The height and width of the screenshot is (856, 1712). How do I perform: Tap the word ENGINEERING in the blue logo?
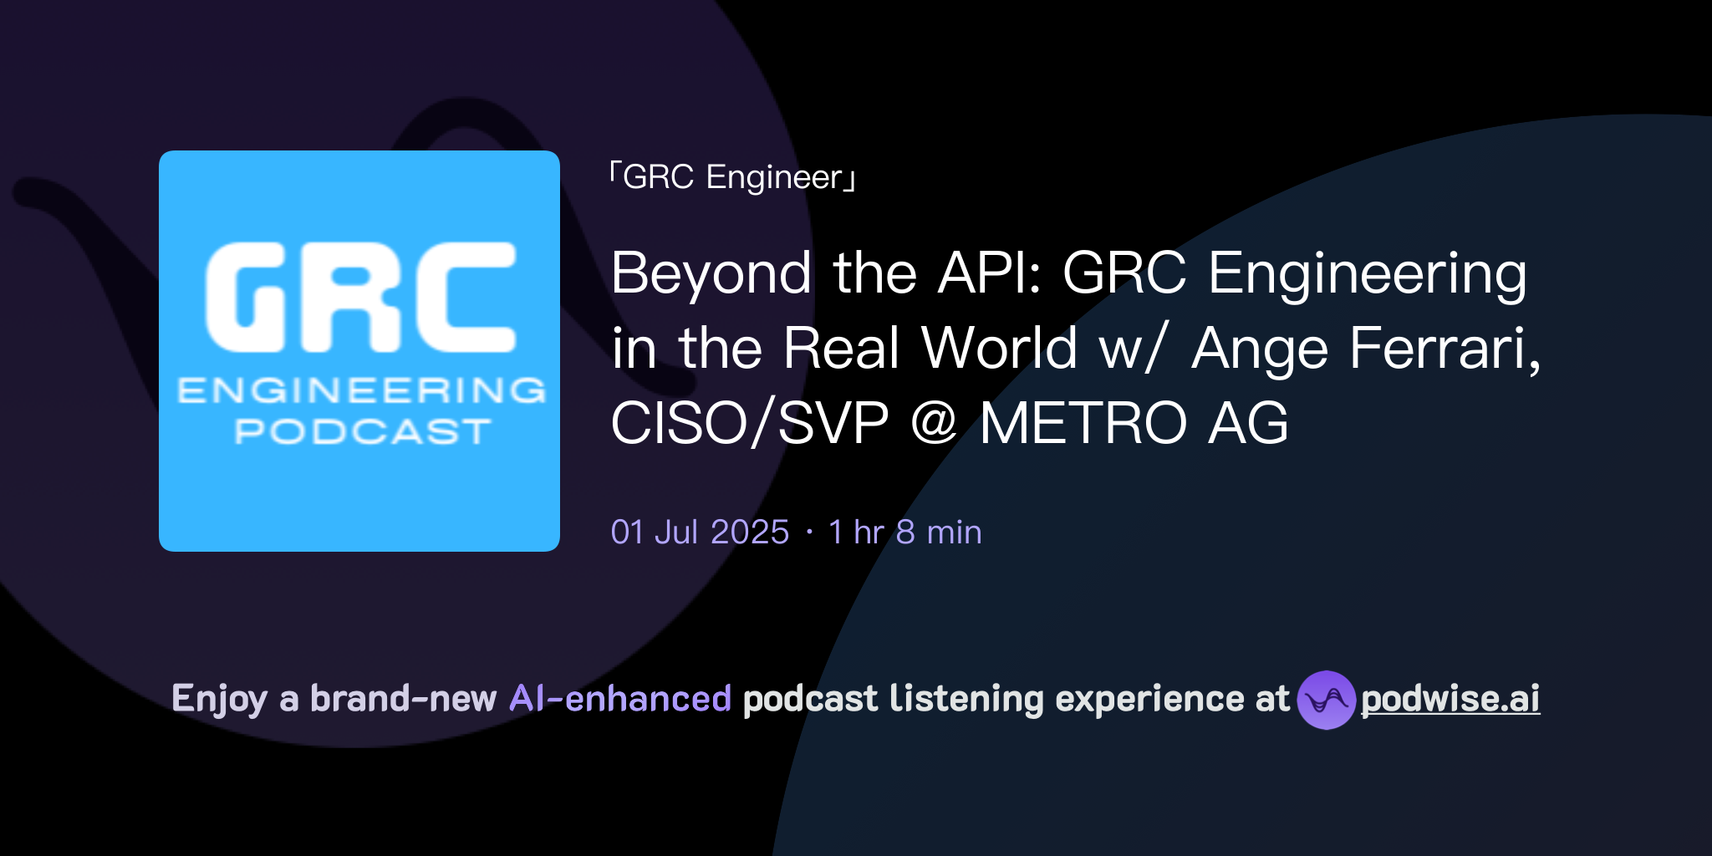coord(361,390)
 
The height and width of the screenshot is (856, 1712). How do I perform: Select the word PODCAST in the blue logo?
coord(362,431)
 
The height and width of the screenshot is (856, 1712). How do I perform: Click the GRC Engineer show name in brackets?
coord(733,177)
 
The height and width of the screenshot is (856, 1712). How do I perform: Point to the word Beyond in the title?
coord(711,273)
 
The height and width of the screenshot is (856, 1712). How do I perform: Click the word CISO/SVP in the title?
coord(750,423)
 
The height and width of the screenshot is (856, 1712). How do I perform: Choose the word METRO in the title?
coord(1083,423)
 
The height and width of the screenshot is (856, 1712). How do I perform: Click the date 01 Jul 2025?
coord(700,532)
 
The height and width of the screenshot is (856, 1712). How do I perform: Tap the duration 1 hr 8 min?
coord(904,532)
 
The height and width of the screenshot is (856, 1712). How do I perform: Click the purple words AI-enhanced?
coord(620,699)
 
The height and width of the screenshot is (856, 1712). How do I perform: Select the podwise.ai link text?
coord(1450,699)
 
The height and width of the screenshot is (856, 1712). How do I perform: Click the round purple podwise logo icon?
coord(1326,700)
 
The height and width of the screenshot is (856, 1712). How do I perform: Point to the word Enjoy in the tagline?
coord(219,699)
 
